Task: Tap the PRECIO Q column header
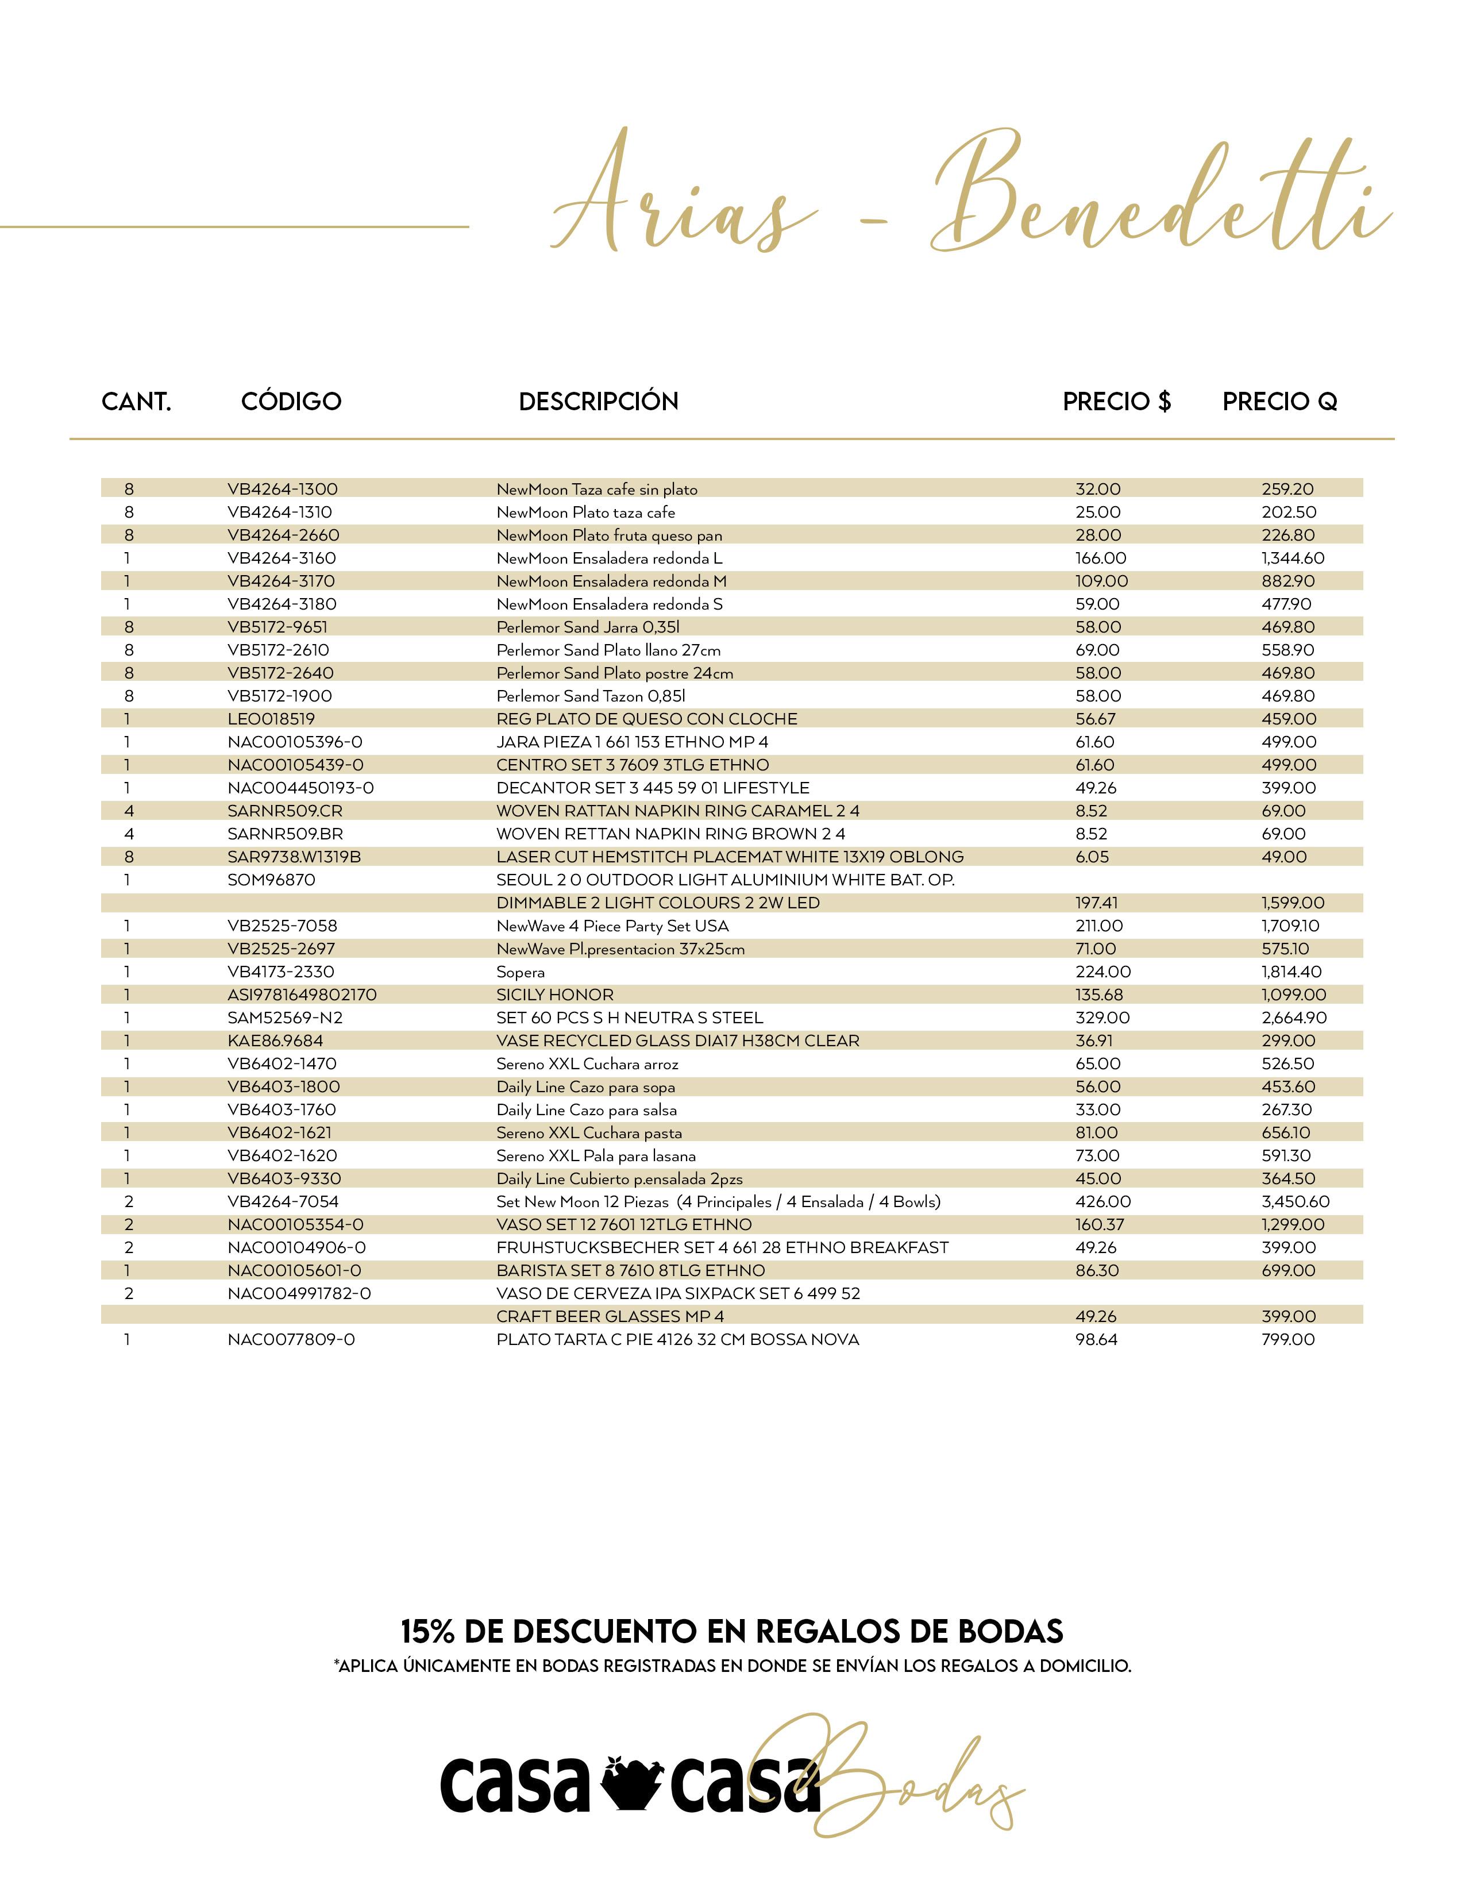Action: tap(1279, 401)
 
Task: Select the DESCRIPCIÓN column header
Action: tap(598, 401)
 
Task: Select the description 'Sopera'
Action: tap(521, 972)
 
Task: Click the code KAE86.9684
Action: tap(275, 1041)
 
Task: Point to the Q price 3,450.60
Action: tap(1295, 1201)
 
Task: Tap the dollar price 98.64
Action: tap(1096, 1339)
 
